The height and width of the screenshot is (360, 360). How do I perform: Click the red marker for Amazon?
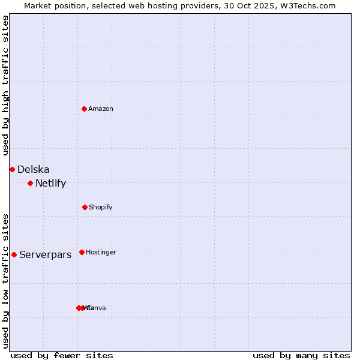(85, 109)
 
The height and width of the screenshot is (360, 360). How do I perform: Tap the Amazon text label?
(101, 109)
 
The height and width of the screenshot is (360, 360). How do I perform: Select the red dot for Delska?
(12, 170)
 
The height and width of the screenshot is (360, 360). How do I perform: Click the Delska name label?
(34, 170)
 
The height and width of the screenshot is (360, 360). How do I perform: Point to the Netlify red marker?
(30, 183)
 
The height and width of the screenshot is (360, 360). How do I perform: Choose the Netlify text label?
(51, 184)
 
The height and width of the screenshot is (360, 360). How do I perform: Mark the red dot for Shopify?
(85, 207)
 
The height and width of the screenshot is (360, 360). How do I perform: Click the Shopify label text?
(101, 208)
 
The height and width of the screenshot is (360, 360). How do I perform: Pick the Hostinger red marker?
(82, 252)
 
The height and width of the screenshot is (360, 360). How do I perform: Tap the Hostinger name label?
(101, 253)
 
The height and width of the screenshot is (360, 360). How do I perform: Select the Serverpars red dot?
(14, 254)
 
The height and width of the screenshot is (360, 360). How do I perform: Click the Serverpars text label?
(46, 255)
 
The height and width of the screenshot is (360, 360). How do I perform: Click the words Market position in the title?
(55, 6)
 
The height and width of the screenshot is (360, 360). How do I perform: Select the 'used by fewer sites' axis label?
(62, 355)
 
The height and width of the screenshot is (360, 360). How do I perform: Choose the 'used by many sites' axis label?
(301, 355)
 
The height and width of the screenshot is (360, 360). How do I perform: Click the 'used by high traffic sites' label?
(6, 85)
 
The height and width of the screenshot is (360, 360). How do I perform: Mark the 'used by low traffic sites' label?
(6, 281)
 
